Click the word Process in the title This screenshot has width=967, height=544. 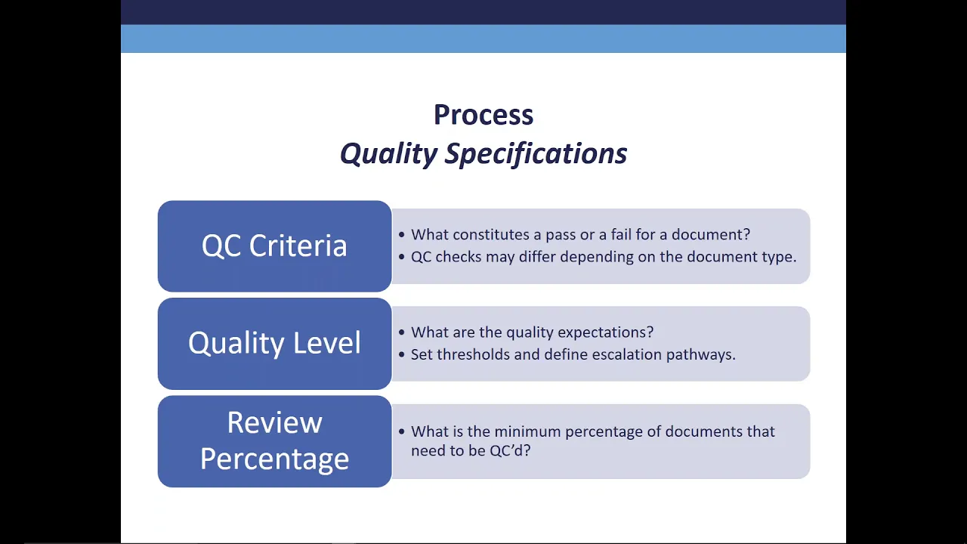(483, 115)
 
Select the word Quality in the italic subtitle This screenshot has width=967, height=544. (388, 153)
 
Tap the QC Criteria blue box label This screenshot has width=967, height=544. (274, 246)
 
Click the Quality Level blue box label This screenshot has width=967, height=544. (274, 343)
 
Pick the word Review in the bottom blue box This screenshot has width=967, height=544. (274, 422)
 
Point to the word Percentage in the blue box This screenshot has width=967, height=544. (274, 459)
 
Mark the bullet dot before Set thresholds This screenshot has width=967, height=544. (402, 354)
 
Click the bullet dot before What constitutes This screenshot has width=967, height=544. (402, 235)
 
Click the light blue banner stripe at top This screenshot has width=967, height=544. (483, 39)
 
